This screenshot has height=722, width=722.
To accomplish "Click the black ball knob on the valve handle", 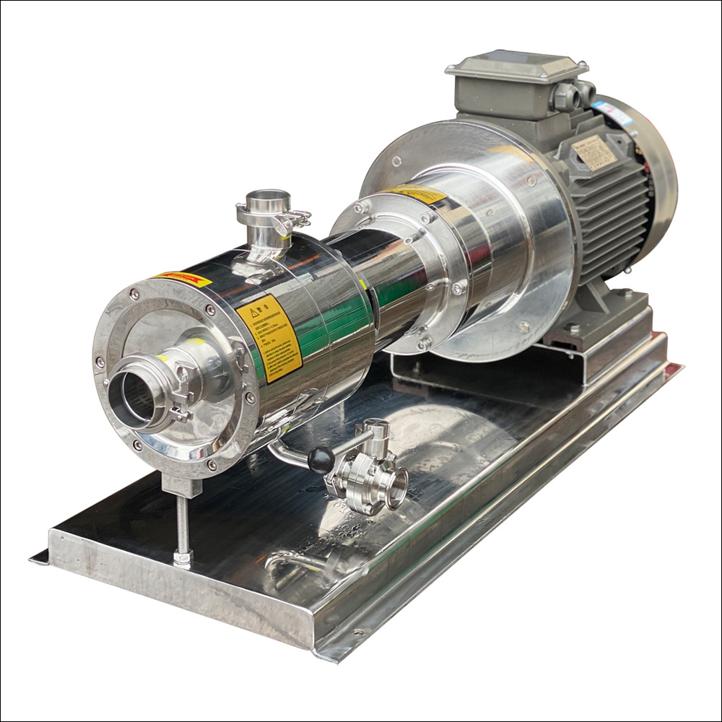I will click(x=321, y=458).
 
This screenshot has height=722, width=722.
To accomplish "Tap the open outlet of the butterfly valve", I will click(x=396, y=490).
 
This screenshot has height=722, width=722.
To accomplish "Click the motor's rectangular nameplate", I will click(x=593, y=152).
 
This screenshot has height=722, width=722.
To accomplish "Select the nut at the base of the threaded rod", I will click(x=183, y=557).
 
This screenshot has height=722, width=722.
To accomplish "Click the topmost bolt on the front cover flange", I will click(x=135, y=294).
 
